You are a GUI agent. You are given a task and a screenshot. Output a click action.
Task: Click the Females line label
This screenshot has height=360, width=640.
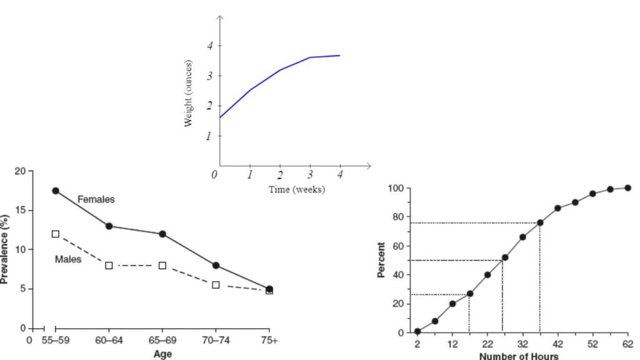pos(96,199)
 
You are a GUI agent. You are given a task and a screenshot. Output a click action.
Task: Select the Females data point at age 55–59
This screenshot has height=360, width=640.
pos(56,191)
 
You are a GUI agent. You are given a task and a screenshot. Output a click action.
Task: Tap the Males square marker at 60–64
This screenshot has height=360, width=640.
pos(109,265)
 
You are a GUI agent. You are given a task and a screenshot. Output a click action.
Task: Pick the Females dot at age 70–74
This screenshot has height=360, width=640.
pos(216,265)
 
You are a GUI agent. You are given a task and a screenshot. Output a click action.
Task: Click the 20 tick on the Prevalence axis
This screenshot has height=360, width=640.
pos(21,171)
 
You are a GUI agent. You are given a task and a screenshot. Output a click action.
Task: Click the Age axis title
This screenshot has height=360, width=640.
pos(162,353)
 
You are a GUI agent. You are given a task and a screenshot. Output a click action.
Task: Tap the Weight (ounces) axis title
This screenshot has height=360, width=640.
pos(188,94)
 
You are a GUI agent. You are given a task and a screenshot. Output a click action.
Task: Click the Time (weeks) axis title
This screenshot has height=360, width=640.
pos(296,189)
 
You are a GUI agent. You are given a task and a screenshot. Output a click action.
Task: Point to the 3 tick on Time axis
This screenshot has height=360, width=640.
pos(309,176)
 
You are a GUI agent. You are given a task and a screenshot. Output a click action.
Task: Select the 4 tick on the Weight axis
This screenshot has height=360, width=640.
pos(210,46)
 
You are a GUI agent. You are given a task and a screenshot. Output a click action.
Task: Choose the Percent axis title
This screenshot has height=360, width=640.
pos(382,261)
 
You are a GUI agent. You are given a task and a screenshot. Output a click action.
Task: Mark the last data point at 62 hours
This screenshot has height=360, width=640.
pos(627,187)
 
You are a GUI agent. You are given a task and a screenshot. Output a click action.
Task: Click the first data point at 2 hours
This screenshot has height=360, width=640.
pos(417,331)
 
